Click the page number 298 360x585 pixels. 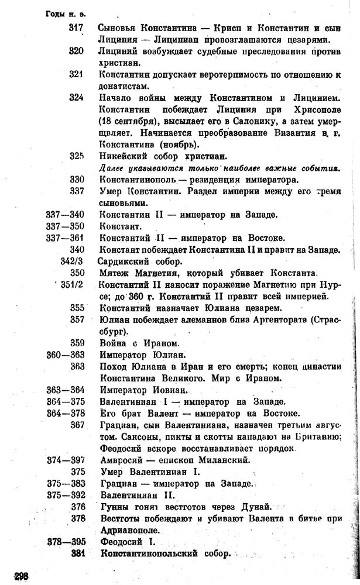tap(19, 574)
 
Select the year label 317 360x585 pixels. tap(77, 27)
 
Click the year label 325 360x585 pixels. tap(77, 156)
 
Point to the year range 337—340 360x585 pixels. tap(65, 215)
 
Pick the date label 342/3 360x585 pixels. tap(73, 261)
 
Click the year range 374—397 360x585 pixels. tap(65, 460)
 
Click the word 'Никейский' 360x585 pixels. tap(121, 156)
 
